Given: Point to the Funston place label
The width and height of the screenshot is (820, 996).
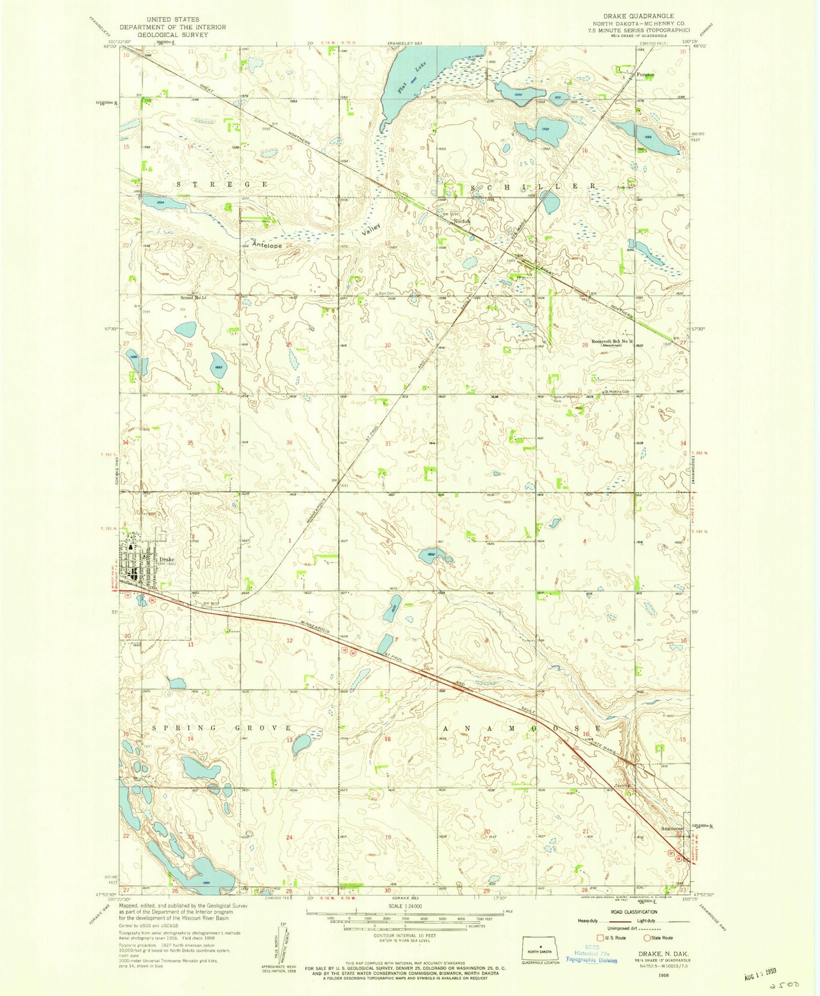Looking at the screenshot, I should [645, 74].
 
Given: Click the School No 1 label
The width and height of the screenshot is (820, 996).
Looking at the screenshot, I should [192, 297].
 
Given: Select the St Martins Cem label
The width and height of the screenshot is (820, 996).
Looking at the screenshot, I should [616, 391].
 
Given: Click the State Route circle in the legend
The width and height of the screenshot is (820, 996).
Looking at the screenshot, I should [646, 938].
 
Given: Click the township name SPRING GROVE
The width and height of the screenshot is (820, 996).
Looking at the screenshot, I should [221, 728].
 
